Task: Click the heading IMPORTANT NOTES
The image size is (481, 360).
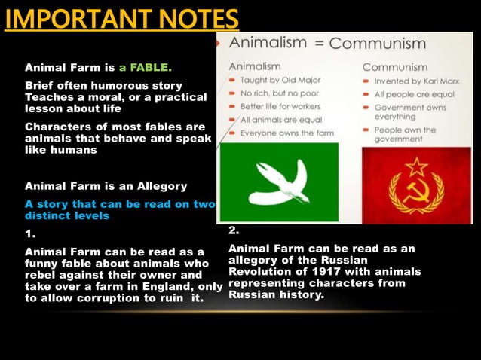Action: (x=121, y=17)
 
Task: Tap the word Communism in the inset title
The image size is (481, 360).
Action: (x=378, y=43)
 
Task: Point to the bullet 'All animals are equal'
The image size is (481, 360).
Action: (x=280, y=120)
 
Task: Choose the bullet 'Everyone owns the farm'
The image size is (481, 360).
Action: (x=285, y=133)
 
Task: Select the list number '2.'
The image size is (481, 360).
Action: (x=234, y=230)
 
